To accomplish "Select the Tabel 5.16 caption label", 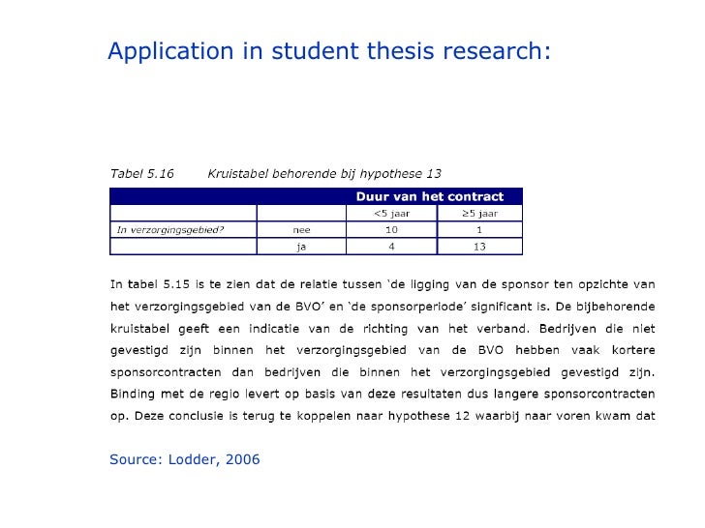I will click(141, 174).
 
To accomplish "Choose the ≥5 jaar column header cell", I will click(479, 213).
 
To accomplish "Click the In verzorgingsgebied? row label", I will click(157, 230).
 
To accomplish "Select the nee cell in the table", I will click(302, 230).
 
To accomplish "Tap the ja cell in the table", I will click(302, 247).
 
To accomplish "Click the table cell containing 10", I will click(391, 230).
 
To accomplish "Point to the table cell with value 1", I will click(479, 230).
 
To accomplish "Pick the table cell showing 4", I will click(391, 247).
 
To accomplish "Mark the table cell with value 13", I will click(479, 247).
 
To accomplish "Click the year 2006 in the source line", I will click(242, 459).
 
